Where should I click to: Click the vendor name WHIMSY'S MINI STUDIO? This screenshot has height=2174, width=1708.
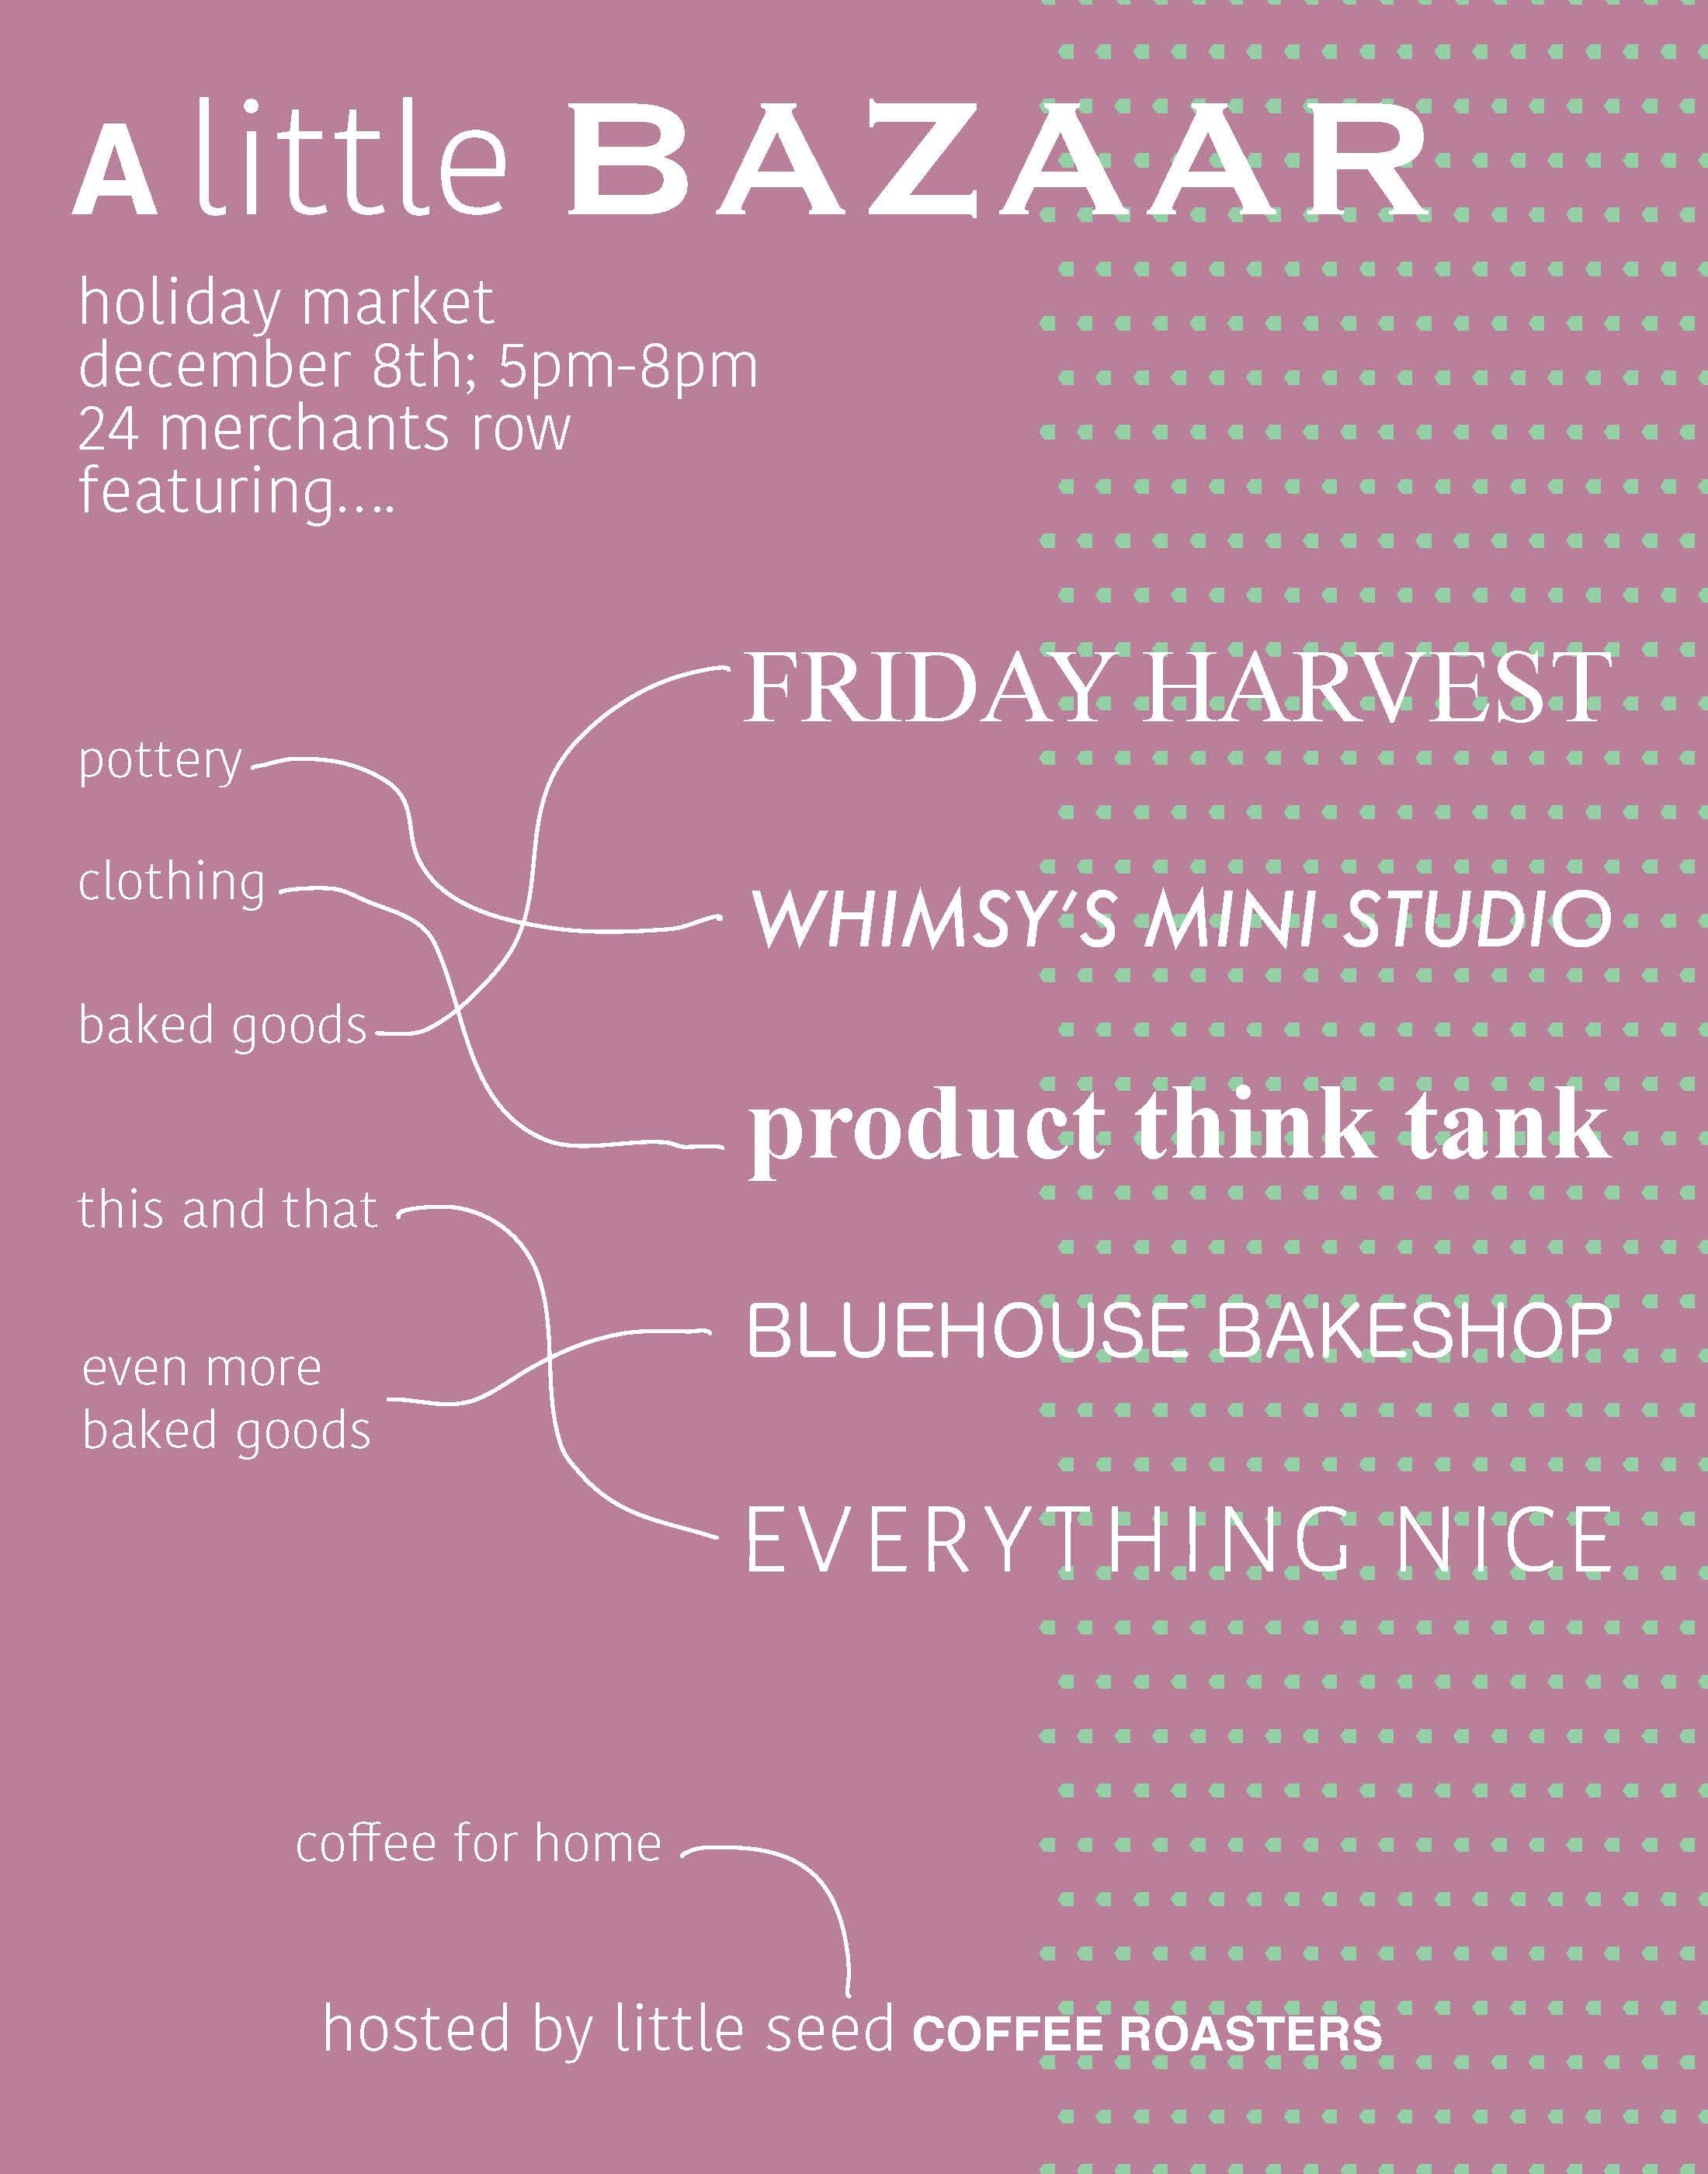click(x=1181, y=919)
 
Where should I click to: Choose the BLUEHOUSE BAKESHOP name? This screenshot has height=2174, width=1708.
click(x=1179, y=1331)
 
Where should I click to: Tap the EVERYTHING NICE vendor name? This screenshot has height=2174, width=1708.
click(x=1179, y=1540)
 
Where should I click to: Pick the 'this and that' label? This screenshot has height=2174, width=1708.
click(x=228, y=1209)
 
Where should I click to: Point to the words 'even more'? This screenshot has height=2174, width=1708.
click(x=202, y=1369)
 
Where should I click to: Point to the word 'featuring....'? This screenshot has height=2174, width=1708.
click(x=237, y=494)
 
